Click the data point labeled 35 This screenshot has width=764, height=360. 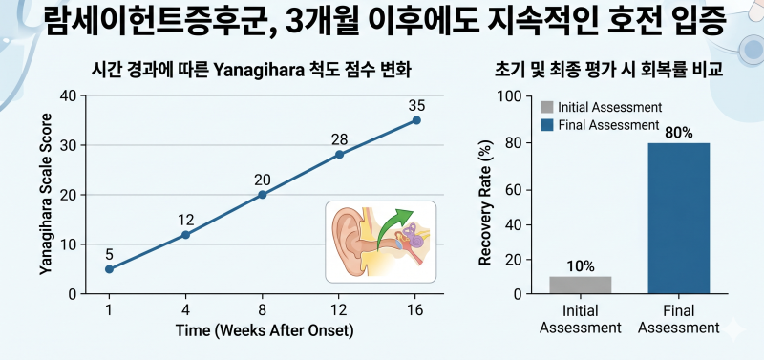click(x=416, y=120)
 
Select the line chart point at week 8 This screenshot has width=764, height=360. click(x=262, y=195)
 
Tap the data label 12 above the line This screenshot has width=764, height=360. click(x=185, y=221)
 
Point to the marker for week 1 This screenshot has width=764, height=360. click(x=109, y=269)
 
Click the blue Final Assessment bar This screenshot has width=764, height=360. click(x=679, y=219)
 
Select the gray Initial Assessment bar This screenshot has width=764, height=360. click(x=580, y=285)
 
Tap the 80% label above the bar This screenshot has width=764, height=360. click(x=679, y=132)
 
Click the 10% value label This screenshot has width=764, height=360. click(x=581, y=266)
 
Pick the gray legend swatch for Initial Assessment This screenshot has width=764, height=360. click(x=547, y=107)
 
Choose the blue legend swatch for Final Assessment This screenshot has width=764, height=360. click(x=547, y=125)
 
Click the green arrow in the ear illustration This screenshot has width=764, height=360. click(x=393, y=228)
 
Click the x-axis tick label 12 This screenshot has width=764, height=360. click(x=339, y=310)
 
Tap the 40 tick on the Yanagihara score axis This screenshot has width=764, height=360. click(x=68, y=95)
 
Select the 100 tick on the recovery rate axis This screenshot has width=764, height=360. click(x=508, y=96)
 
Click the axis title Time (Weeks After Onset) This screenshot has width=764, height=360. click(x=265, y=330)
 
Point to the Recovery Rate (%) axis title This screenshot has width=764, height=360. click(x=484, y=202)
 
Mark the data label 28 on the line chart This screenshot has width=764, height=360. click(x=339, y=139)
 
